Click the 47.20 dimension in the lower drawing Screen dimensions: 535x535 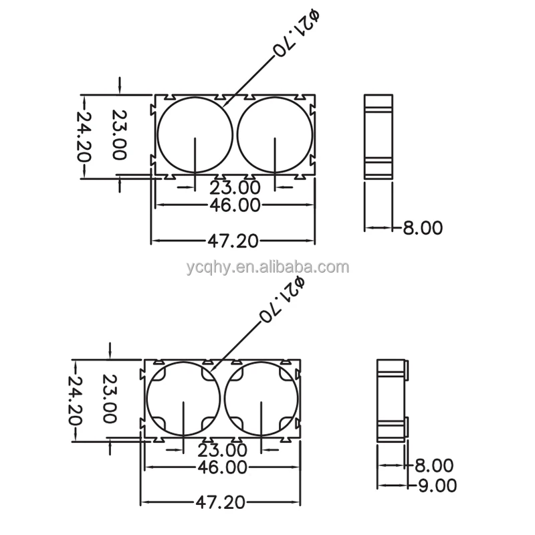tap(221, 501)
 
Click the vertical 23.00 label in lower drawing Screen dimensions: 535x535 tap(109, 399)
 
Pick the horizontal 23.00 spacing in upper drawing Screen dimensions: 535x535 tap(235, 187)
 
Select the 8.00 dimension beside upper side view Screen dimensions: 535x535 tap(422, 227)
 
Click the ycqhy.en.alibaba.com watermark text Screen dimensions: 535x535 tap(267, 267)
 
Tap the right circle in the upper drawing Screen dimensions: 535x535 tap(275, 134)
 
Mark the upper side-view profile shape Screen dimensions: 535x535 tap(380, 136)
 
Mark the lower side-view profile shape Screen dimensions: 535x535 tap(392, 400)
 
